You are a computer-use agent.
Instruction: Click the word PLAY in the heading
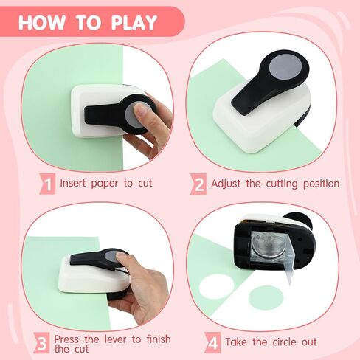[134, 23]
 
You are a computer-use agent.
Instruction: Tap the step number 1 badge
[47, 184]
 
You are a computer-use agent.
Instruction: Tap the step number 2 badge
[198, 184]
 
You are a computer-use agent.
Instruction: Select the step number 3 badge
[41, 343]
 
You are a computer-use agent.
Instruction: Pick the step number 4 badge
[212, 342]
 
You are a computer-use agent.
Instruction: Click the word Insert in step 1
[73, 183]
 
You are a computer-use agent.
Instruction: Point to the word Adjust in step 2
[226, 184]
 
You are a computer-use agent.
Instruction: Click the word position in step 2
[321, 184]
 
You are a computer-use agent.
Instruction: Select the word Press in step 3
[66, 339]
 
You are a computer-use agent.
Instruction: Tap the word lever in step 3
[116, 339]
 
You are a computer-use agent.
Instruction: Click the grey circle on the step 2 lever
[285, 67]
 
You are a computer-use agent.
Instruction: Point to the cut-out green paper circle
[266, 298]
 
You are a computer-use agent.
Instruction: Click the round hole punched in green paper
[216, 287]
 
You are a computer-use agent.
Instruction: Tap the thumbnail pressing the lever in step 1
[140, 108]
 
